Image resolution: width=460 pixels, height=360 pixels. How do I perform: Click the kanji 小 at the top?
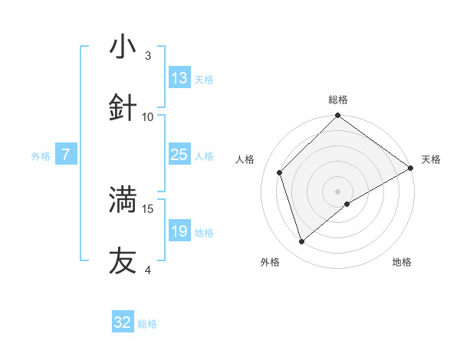(x=123, y=47)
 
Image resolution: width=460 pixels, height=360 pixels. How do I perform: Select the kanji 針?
(x=123, y=109)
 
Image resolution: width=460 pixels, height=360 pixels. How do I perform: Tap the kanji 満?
(x=123, y=200)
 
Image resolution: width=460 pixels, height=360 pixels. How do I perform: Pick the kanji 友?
(x=123, y=261)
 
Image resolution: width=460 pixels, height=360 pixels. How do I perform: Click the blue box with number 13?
(x=179, y=78)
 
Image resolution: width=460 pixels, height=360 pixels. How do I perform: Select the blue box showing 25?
(x=179, y=155)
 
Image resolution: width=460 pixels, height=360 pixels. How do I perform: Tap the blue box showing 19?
(x=179, y=231)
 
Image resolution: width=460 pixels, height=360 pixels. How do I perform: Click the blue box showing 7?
(x=66, y=155)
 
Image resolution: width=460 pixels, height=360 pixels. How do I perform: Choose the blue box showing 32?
(x=123, y=322)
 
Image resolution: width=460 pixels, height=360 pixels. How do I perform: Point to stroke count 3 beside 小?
(x=148, y=56)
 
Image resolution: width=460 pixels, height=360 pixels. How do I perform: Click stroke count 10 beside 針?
(x=148, y=117)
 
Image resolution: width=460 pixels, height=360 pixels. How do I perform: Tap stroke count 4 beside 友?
(x=148, y=270)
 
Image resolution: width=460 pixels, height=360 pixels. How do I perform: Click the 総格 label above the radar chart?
(x=338, y=100)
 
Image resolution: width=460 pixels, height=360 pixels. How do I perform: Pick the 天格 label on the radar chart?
(x=431, y=159)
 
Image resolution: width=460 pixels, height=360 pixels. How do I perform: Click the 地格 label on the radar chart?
(x=402, y=263)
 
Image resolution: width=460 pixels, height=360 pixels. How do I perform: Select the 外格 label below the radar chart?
(x=270, y=263)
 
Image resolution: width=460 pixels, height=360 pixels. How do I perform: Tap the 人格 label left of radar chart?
(x=245, y=159)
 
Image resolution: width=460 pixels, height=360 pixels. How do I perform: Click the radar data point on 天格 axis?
(x=411, y=168)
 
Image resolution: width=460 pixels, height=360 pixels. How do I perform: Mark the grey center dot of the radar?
(x=338, y=191)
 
